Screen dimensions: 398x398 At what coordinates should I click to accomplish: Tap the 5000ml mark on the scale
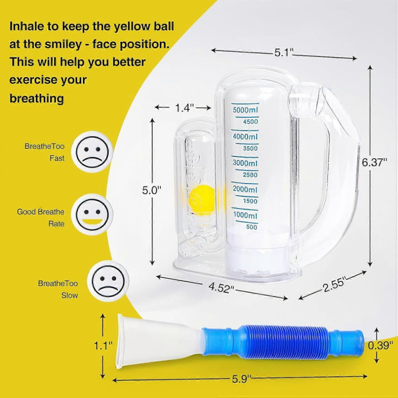tap(245, 110)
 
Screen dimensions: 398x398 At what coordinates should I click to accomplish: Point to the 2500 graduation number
tap(250, 174)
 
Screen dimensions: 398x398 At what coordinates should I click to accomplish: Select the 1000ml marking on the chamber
tap(245, 215)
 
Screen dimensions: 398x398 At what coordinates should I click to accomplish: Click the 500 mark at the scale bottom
tap(252, 227)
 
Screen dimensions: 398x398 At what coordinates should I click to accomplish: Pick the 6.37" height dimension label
tap(374, 162)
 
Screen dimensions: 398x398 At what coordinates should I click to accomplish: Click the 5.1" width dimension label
tap(284, 53)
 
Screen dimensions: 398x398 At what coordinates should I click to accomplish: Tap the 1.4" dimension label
tap(185, 108)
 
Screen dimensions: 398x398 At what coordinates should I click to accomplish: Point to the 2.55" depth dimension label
tap(334, 285)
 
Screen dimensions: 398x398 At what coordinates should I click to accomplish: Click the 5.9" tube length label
tap(241, 379)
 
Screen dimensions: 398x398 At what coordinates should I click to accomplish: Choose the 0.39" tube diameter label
tap(380, 345)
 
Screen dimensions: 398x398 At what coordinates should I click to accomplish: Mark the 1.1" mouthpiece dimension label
tap(103, 345)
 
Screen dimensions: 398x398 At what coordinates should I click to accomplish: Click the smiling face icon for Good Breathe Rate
tap(92, 215)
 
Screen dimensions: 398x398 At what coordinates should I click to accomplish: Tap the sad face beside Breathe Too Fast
tap(92, 152)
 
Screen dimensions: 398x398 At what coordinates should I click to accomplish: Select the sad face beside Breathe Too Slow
tap(109, 281)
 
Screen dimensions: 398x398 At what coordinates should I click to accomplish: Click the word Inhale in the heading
tap(28, 26)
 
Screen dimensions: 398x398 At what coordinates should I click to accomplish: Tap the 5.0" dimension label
tap(152, 190)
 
